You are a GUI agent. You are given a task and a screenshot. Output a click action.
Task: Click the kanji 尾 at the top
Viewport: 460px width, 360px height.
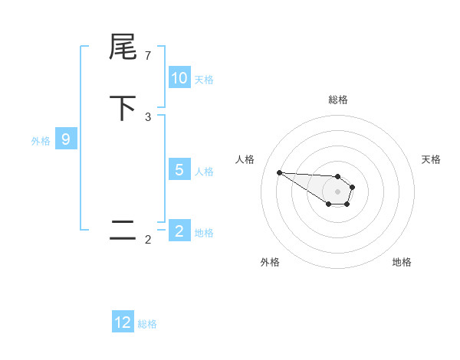coord(123,48)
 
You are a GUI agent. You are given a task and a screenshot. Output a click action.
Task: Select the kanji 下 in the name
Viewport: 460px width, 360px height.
coord(123,108)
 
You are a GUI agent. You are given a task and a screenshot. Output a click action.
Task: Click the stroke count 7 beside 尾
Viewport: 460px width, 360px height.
coord(148,56)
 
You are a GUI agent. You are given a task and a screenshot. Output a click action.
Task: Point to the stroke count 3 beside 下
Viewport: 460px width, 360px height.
coord(148,116)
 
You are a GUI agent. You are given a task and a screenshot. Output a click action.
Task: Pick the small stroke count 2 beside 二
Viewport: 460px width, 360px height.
coord(148,240)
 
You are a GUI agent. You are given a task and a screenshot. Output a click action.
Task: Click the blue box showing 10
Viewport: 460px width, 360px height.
coord(179,78)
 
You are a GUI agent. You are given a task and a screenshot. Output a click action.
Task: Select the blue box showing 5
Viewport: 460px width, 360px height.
coord(179,170)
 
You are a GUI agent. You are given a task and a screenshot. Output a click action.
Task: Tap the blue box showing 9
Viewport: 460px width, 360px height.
coord(66,139)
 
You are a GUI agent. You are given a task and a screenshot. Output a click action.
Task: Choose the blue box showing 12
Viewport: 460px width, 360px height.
coord(123,322)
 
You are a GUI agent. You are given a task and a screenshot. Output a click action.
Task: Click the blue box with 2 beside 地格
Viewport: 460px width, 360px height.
coord(179,231)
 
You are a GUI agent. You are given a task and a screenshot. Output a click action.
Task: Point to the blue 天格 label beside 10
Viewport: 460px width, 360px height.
coord(204,79)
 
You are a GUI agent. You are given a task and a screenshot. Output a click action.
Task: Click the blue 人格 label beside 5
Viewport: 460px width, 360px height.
coord(204,171)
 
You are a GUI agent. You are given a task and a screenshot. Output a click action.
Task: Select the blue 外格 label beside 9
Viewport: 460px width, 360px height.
coord(41,140)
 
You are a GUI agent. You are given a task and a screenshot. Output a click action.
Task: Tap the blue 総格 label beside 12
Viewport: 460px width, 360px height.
coord(147,323)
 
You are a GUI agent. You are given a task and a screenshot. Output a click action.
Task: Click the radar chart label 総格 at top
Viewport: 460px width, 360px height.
coord(338,100)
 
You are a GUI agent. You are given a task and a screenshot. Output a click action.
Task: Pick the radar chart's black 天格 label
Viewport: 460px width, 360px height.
coord(431,159)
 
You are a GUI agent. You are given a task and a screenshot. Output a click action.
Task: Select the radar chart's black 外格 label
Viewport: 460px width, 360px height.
coord(270,262)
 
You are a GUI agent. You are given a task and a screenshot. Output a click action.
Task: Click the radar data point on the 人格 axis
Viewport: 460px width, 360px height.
coord(279,172)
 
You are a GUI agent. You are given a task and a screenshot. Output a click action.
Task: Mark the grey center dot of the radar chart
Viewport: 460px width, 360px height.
coord(337,191)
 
